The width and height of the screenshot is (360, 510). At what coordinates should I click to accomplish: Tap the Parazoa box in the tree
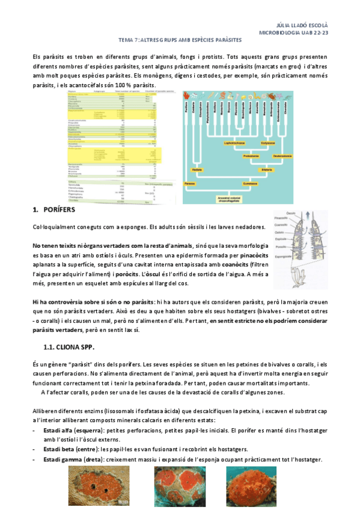click(x=190, y=181)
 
